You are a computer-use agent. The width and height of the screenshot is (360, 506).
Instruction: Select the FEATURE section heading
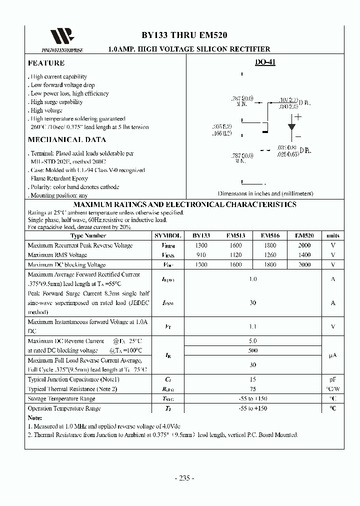[x=46, y=63]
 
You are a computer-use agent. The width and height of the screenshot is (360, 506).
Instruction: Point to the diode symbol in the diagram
[x=291, y=126]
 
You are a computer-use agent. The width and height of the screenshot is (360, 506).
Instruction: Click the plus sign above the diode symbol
[x=298, y=117]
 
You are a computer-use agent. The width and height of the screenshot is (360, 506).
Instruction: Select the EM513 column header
[x=235, y=235]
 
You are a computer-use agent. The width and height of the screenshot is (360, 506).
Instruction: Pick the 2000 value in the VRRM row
[x=304, y=245]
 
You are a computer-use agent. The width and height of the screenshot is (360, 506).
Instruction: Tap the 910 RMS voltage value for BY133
[x=201, y=255]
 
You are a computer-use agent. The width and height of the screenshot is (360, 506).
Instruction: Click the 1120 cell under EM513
[x=235, y=255]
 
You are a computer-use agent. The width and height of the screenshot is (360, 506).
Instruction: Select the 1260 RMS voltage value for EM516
[x=269, y=255]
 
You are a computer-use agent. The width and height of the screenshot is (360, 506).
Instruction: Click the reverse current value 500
[x=252, y=351]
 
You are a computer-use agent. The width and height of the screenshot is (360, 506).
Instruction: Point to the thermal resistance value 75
[x=252, y=389]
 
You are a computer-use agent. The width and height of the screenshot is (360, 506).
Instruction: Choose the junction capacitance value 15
[x=252, y=379]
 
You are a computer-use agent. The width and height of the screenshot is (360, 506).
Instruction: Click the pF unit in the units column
[x=333, y=379]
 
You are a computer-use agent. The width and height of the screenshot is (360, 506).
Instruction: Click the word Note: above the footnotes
[x=35, y=417]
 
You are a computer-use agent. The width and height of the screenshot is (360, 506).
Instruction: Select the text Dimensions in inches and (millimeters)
[x=265, y=193]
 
